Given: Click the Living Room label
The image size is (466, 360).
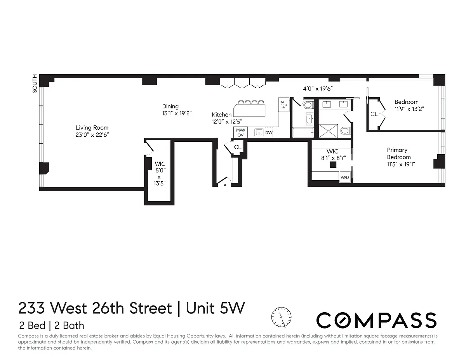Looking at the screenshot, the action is [92, 128].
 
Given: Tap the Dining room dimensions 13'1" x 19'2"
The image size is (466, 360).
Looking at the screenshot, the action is [177, 113].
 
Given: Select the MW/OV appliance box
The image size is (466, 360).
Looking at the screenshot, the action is [240, 132].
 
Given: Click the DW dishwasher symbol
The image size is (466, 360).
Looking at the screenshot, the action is [269, 132].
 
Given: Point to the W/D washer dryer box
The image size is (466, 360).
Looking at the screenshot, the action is [344, 177].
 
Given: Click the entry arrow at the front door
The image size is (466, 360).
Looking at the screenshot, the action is [225, 188].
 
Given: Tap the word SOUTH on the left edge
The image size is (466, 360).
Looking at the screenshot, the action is [35, 83].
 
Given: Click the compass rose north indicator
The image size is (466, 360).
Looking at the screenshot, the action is [281, 317].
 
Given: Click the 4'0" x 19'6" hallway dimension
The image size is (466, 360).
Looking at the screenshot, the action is [318, 89].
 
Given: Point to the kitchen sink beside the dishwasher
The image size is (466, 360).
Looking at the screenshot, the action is [259, 132].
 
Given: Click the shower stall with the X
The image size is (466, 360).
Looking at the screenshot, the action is [328, 131].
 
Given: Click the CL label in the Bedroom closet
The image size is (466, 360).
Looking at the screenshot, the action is [374, 114].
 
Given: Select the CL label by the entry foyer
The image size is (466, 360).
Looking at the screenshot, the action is [238, 147].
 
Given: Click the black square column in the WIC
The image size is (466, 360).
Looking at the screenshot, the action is [333, 165].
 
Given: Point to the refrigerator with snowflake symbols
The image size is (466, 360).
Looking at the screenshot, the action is [284, 104].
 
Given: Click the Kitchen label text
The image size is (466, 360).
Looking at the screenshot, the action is [221, 115].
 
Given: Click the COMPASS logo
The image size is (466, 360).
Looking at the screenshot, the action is [376, 320].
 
